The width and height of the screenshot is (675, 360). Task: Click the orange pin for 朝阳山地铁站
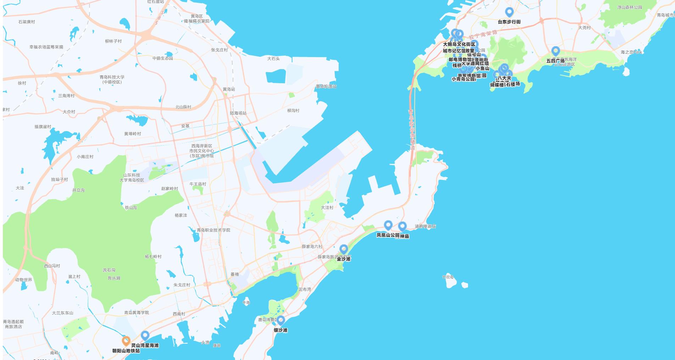point(126,341)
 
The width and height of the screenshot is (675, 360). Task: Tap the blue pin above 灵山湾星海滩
point(145,335)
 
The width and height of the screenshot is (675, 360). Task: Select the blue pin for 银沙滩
point(281,320)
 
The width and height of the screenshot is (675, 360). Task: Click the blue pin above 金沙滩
point(344,249)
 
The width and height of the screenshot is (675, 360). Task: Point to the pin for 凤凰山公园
point(388,225)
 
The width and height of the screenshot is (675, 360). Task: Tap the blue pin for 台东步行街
point(509,12)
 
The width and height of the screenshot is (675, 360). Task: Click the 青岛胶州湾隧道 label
point(412,129)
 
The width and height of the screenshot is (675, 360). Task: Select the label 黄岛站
point(229,89)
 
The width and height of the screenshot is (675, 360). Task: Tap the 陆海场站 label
point(238,113)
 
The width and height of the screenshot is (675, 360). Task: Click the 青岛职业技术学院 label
point(213,230)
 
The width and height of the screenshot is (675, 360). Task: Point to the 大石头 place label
point(273,59)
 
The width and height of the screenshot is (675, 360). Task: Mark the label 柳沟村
point(293,111)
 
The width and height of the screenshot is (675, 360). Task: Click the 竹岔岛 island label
point(448,277)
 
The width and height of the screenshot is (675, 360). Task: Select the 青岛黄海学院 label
point(136,313)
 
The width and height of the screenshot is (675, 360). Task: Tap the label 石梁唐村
point(27,22)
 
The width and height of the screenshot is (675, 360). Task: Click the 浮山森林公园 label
point(630,7)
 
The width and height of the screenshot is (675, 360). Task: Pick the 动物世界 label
point(23,280)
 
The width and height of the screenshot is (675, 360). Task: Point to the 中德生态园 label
point(163,58)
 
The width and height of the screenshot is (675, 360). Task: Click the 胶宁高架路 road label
point(483,35)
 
